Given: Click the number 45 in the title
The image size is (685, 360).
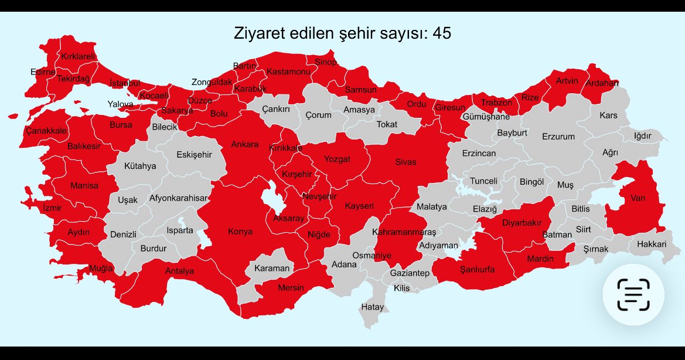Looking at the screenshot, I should [x=442, y=33].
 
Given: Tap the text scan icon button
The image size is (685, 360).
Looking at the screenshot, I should [x=633, y=294].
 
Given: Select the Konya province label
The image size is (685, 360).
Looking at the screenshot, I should [x=240, y=232].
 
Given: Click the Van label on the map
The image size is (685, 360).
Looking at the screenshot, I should [x=638, y=198].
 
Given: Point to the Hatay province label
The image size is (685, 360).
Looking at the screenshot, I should [x=373, y=307].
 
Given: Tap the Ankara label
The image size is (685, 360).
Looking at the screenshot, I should [x=245, y=144].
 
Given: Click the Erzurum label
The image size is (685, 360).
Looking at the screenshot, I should [x=558, y=137].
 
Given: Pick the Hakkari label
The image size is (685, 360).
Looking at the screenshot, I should [x=652, y=244].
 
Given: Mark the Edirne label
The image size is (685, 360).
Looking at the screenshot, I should [x=43, y=72].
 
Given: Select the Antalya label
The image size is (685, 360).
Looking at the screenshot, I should [x=179, y=271].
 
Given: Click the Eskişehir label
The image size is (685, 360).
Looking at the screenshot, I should [x=194, y=155].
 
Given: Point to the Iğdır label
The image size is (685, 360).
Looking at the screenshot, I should [x=643, y=136].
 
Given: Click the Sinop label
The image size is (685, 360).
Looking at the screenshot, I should [x=326, y=62].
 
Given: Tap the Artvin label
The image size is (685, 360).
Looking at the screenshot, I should [x=567, y=81].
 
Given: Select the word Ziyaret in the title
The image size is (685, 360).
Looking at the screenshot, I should [x=258, y=33].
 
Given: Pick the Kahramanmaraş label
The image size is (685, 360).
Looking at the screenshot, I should [x=404, y=232].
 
